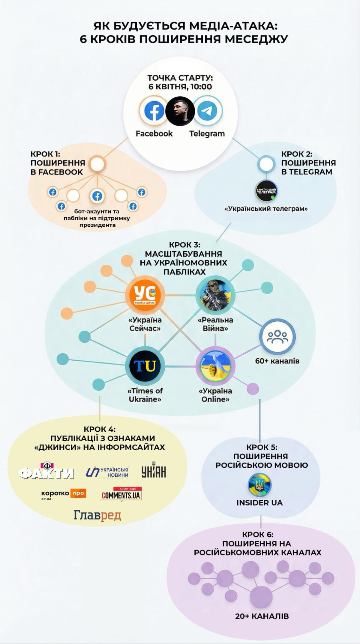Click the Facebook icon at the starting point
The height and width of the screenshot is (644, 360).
(154, 111)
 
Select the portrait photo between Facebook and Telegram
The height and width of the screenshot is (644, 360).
(180, 111)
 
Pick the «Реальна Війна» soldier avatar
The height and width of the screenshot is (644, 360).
(215, 295)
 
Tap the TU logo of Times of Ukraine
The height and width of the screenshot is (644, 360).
(145, 366)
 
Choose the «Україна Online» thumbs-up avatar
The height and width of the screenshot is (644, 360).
(215, 366)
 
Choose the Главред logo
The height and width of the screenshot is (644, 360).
(97, 515)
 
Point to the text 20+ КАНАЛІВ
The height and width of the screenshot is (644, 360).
(262, 616)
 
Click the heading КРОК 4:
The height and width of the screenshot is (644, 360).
(100, 429)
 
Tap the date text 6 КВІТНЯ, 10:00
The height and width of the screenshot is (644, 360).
(180, 87)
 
